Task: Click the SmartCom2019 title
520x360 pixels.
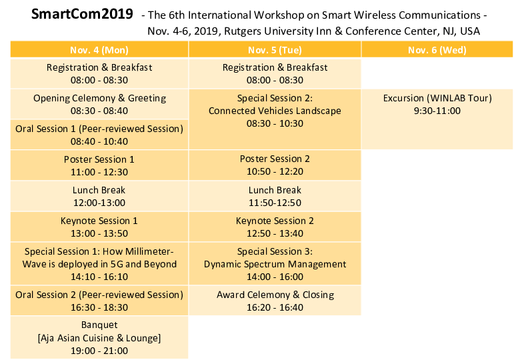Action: (x=82, y=14)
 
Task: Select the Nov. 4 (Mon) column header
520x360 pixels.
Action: (x=99, y=49)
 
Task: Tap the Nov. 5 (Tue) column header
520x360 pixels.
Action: (x=275, y=49)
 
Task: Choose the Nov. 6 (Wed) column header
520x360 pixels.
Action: (x=437, y=49)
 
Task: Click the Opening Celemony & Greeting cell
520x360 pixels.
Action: (x=99, y=104)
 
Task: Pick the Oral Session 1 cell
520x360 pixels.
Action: (x=99, y=135)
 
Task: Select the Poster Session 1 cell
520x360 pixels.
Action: (x=99, y=165)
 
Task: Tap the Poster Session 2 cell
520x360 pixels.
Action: (x=275, y=165)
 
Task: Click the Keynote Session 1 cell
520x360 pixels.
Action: (x=99, y=227)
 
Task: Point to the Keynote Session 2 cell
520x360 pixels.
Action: (x=275, y=227)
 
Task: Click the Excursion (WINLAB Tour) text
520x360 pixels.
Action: (x=437, y=98)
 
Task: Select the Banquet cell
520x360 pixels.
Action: (x=99, y=337)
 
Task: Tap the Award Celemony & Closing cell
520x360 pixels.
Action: (x=275, y=300)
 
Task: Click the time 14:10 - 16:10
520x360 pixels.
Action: (x=99, y=277)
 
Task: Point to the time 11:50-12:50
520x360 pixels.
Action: (x=275, y=203)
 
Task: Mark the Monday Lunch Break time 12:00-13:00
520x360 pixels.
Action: (x=99, y=203)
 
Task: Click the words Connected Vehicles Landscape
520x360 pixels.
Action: (x=275, y=111)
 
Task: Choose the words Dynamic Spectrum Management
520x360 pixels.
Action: (x=275, y=264)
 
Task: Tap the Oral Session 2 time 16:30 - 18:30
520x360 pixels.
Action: (x=99, y=307)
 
